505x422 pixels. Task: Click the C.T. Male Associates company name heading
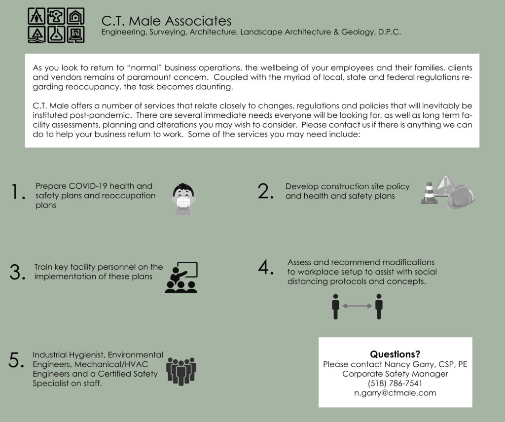point(166,21)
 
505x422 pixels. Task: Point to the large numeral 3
point(17,272)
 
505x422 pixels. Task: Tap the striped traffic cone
point(428,193)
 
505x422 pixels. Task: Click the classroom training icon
point(181,278)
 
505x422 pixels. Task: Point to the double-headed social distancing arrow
point(357,306)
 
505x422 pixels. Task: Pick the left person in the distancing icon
point(336,307)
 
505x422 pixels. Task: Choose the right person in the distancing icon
point(379,307)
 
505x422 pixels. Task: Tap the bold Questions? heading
point(395,354)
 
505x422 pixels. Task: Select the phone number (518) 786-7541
point(395,384)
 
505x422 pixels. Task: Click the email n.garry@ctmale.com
point(395,393)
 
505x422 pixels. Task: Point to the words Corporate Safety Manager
point(395,374)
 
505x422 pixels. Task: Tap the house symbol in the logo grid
point(75,17)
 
